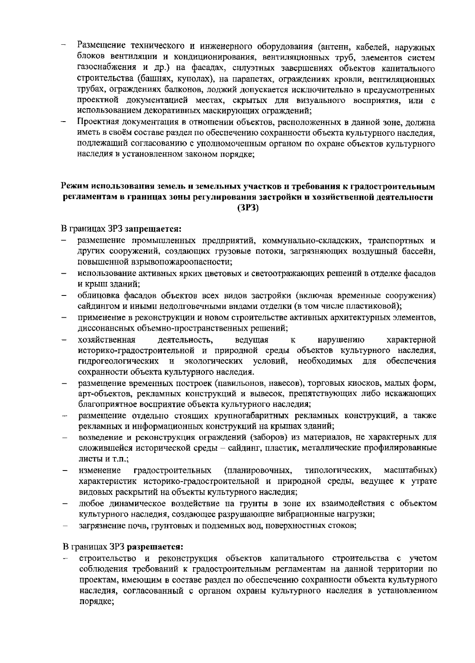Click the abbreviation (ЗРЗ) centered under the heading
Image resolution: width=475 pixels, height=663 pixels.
[248, 208]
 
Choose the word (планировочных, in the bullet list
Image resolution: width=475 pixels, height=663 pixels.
[258, 470]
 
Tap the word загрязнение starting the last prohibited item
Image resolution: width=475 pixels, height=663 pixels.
[99, 525]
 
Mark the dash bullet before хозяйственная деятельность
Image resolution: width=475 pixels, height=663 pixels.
[63, 340]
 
